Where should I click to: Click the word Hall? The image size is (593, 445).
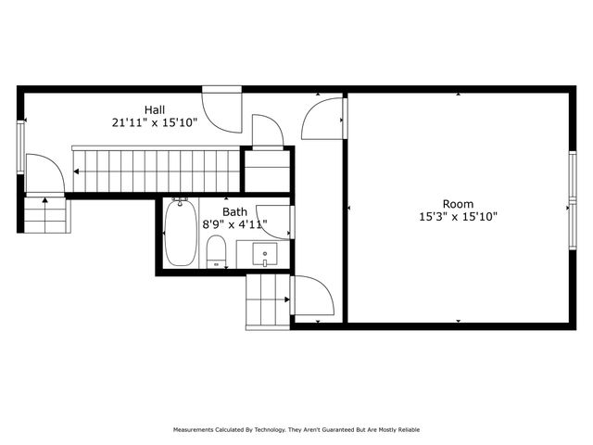point(155,108)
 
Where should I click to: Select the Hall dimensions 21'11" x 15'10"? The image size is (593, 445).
point(155,121)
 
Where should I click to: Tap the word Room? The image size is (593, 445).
point(458,204)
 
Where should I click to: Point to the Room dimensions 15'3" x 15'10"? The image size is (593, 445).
point(458,217)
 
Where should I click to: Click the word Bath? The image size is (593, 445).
point(234,211)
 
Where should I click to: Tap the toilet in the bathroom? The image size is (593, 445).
point(216,250)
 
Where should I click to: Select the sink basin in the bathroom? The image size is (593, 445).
point(265,252)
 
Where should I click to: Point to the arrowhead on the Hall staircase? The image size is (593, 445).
point(79,171)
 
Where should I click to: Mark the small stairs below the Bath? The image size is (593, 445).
point(267,302)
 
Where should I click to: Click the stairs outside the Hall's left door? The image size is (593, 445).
point(44,215)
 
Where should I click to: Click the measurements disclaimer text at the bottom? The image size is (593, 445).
point(296,430)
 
